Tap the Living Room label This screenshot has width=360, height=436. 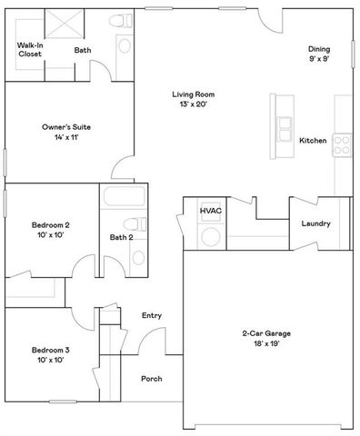[x=193, y=94]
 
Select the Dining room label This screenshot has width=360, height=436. [x=318, y=49]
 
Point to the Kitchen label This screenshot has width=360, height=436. [x=313, y=141]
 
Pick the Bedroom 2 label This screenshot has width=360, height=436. [x=51, y=224]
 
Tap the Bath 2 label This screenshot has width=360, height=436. [x=122, y=237]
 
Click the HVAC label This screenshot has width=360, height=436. [x=212, y=211]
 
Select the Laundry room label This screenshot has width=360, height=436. [x=315, y=223]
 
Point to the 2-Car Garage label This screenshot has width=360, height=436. [x=265, y=334]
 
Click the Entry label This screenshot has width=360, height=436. [x=152, y=315]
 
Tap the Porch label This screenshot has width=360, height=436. [x=151, y=379]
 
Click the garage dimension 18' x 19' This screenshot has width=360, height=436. [x=265, y=345]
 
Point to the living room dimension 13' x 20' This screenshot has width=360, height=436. [x=193, y=105]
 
